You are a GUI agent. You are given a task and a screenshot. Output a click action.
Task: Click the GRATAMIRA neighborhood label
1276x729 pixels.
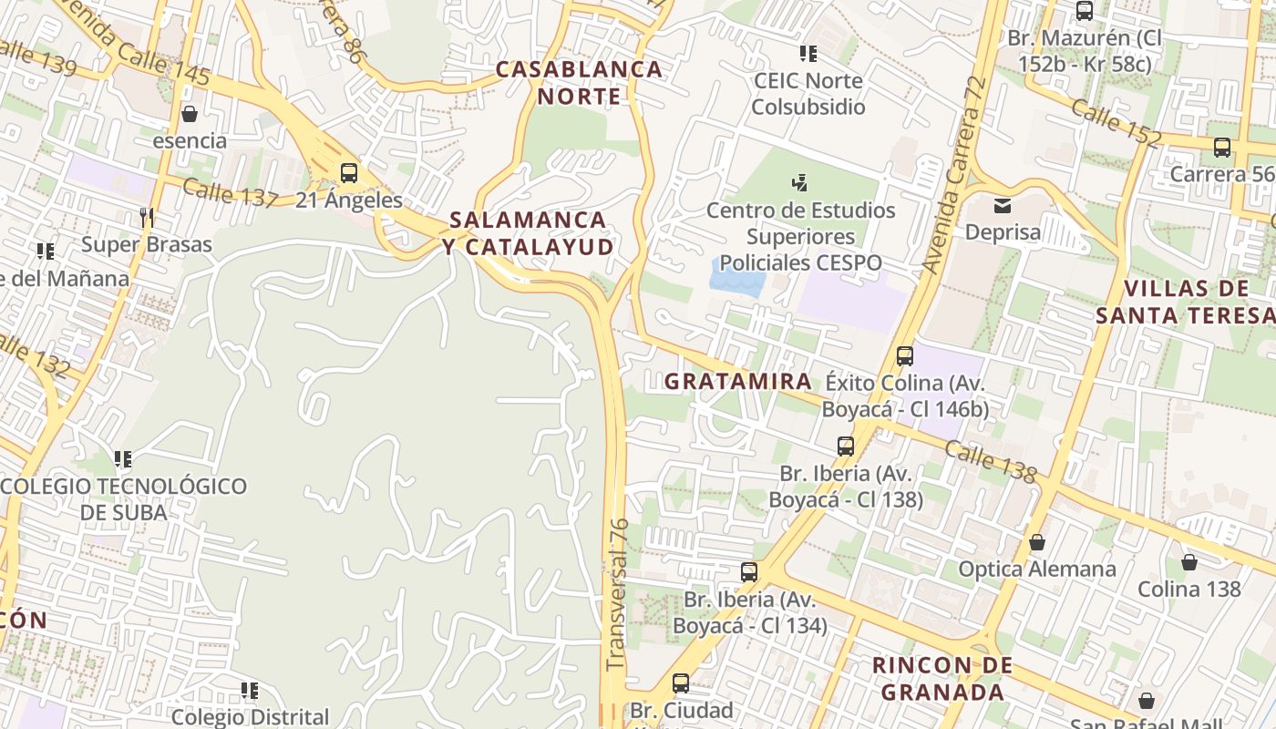[x=737, y=381]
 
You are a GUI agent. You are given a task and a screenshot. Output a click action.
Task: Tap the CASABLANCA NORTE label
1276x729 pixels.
[x=579, y=83]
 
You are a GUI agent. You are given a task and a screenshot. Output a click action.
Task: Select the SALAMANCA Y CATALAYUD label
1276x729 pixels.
[x=529, y=233]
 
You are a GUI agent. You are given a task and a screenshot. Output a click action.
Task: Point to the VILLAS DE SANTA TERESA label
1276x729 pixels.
[x=1186, y=303]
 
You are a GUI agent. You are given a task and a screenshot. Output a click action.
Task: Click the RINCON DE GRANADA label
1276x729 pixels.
[x=942, y=678]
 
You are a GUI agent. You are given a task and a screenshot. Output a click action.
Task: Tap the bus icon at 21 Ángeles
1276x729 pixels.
[x=348, y=172]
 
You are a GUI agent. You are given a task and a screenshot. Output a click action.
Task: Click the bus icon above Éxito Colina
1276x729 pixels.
[x=904, y=355]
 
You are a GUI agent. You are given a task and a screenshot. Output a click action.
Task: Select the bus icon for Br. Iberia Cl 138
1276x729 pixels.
[x=845, y=447]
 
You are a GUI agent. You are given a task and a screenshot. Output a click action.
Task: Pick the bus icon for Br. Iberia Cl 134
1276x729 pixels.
[x=749, y=572]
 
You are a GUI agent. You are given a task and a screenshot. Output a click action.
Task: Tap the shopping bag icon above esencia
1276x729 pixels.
[x=190, y=114]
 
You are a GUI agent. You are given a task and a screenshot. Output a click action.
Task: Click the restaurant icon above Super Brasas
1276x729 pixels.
[x=146, y=217]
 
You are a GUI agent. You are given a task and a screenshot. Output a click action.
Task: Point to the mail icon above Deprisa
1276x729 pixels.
[x=1003, y=205]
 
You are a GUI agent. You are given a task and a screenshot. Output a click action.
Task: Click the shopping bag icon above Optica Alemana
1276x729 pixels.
[x=1036, y=542]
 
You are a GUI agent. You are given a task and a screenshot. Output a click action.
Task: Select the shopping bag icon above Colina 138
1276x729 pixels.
[x=1189, y=562]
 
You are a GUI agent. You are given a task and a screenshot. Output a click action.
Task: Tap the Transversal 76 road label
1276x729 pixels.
[x=617, y=593]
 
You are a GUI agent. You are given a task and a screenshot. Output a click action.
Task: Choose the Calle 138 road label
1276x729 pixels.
[x=990, y=461]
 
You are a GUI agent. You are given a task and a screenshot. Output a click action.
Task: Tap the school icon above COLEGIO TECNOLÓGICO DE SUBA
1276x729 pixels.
[x=123, y=458]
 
